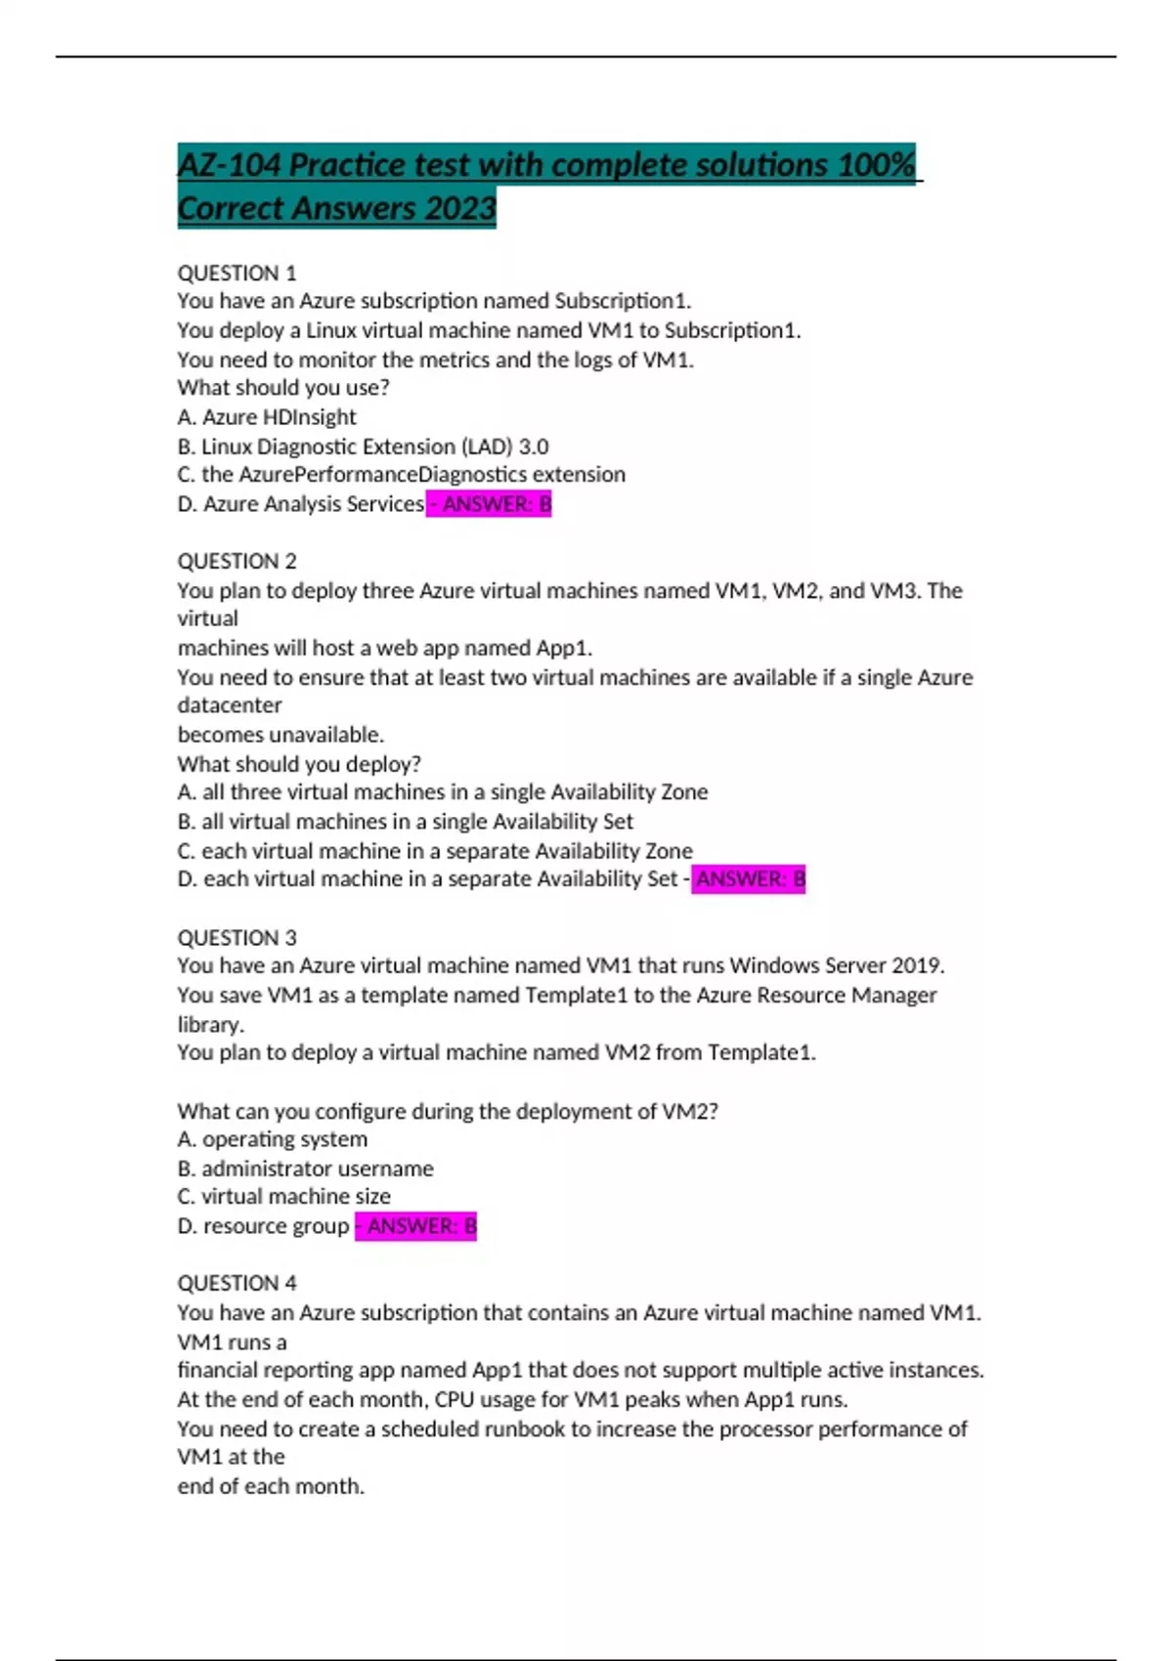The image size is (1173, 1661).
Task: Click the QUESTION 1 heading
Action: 237,273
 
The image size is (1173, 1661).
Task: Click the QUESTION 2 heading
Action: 237,561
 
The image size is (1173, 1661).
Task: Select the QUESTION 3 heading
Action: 237,938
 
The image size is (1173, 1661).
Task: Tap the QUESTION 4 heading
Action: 237,1283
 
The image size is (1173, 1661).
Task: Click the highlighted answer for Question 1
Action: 490,504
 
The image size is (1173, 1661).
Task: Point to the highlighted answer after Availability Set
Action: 749,879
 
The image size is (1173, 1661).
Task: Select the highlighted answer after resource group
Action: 416,1226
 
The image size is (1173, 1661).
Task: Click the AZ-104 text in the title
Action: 229,165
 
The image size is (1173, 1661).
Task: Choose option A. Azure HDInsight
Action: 267,417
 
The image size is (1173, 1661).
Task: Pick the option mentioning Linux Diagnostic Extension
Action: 363,447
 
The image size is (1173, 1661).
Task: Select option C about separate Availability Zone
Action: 435,851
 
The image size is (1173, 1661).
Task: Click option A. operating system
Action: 273,1139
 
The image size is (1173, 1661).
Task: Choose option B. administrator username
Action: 305,1169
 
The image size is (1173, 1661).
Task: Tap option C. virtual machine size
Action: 283,1197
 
